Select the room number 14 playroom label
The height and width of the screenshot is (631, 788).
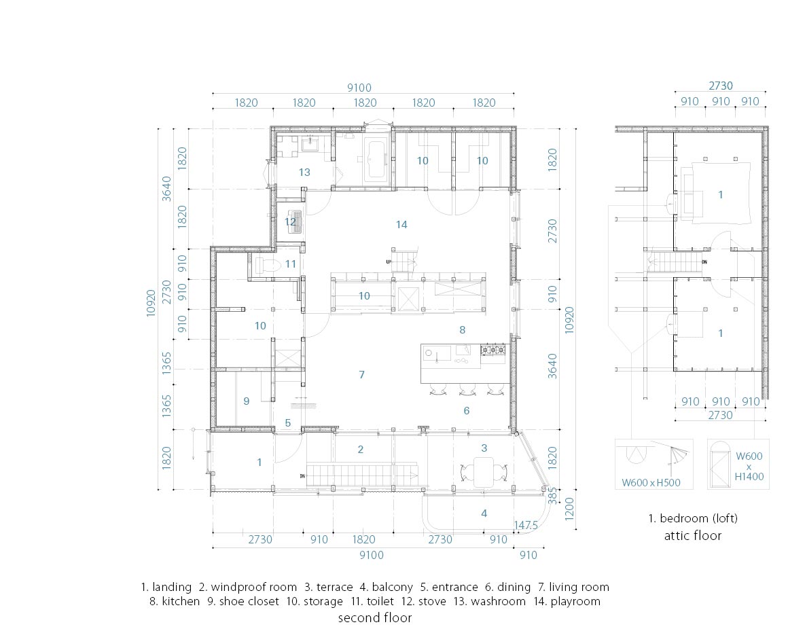tap(401, 225)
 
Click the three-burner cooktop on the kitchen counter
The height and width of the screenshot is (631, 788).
tap(492, 350)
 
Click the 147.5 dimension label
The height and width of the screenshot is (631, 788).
tap(526, 525)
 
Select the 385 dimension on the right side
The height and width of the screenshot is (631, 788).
tap(552, 495)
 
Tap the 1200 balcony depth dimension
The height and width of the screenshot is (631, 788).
tap(569, 509)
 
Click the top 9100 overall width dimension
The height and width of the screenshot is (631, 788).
tap(359, 88)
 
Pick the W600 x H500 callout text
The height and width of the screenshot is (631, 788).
tap(651, 482)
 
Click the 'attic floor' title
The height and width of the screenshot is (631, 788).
tap(692, 535)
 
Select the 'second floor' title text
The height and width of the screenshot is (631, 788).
tap(375, 617)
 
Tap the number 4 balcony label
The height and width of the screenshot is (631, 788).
tap(484, 513)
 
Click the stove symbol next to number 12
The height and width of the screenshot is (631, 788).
tap(295, 221)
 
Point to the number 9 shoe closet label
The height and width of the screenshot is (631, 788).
tap(246, 401)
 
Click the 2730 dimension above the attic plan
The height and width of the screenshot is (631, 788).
tap(721, 86)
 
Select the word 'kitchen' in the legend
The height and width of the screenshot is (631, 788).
tap(181, 601)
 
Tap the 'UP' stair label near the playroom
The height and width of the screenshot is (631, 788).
tap(389, 262)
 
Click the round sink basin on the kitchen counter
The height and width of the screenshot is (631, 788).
tap(429, 353)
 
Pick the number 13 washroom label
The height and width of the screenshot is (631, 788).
tap(304, 173)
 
